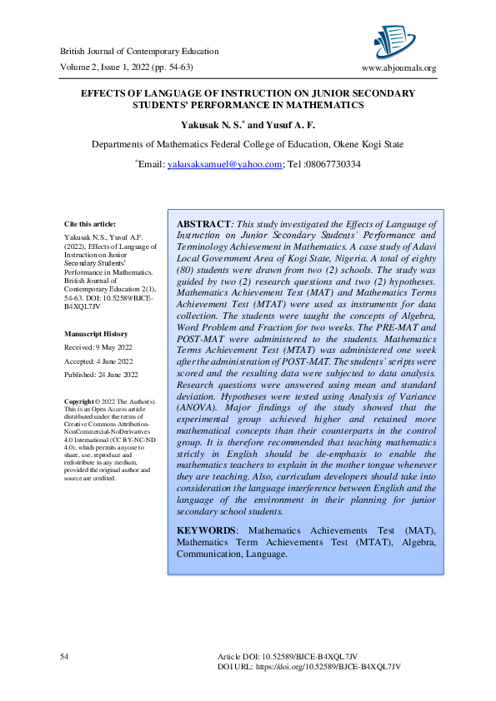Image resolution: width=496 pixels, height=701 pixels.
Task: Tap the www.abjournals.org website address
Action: click(x=398, y=68)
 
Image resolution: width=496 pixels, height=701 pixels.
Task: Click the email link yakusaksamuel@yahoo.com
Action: click(x=225, y=165)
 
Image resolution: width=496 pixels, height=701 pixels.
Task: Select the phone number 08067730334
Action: click(x=333, y=165)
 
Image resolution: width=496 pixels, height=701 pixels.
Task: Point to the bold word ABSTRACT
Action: click(x=203, y=225)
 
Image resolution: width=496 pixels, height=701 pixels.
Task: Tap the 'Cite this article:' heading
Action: click(x=90, y=224)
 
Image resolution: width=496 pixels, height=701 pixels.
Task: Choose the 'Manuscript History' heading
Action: click(x=96, y=334)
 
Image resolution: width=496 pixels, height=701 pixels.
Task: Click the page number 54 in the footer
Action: click(x=64, y=658)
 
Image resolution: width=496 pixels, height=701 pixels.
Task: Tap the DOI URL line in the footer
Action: click(x=309, y=668)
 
